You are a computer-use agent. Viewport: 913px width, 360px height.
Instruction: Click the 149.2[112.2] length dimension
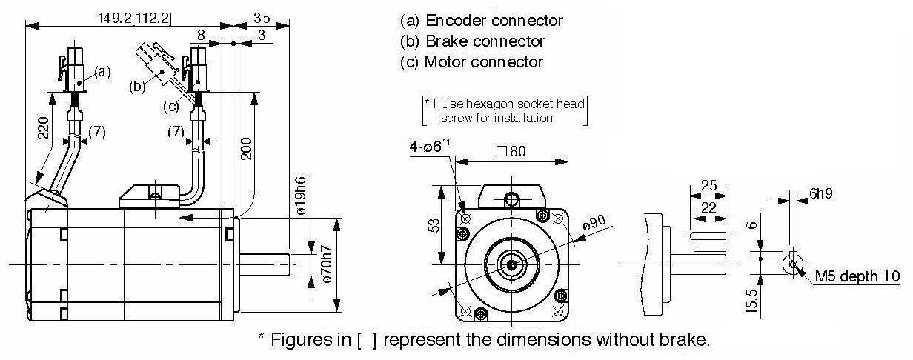pos(135,19)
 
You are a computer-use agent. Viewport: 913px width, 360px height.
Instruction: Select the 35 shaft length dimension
pos(262,18)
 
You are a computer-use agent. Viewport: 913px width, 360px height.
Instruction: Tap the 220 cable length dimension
pos(44,127)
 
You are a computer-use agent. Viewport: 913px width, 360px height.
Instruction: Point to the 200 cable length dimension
pos(246,149)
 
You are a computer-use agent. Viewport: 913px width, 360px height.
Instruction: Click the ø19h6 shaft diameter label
pos(301,196)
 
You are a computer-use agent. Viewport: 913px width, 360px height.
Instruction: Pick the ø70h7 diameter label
pos(327,264)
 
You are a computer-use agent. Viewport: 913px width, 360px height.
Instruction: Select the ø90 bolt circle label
pos(594,222)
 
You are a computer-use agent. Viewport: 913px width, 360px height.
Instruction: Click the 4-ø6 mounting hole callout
pos(430,145)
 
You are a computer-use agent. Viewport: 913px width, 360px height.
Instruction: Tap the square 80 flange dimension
pos(511,151)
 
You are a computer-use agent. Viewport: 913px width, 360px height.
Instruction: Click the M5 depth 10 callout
pos(857,276)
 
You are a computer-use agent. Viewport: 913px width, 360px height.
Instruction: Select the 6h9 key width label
pos(821,193)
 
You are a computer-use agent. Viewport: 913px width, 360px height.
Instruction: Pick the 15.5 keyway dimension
pos(752,301)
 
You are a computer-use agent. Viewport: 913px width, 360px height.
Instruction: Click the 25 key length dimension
pos(708,185)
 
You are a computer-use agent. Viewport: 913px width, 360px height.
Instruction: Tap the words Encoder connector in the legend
pos(494,20)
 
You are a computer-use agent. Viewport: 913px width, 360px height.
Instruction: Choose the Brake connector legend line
pos(472,41)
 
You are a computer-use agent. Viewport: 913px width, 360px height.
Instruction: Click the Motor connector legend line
pos(471,62)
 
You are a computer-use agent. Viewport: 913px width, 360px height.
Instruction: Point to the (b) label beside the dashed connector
pos(137,87)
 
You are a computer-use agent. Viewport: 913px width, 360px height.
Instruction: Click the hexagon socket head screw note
pos(505,111)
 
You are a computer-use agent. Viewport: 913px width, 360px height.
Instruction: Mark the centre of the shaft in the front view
pos(512,264)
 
